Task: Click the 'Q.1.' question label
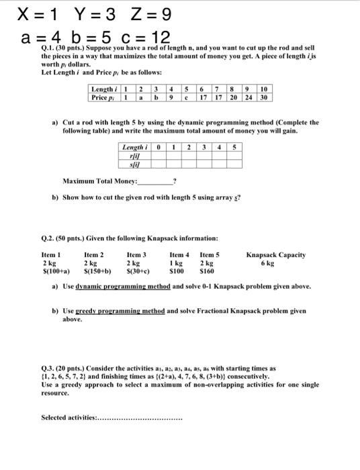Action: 50,50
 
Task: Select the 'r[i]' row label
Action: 136,155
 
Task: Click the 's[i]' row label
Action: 136,163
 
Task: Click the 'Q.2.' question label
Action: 50,238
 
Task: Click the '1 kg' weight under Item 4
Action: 177,263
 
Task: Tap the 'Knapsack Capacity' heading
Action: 275,255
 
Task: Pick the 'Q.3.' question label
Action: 50,368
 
